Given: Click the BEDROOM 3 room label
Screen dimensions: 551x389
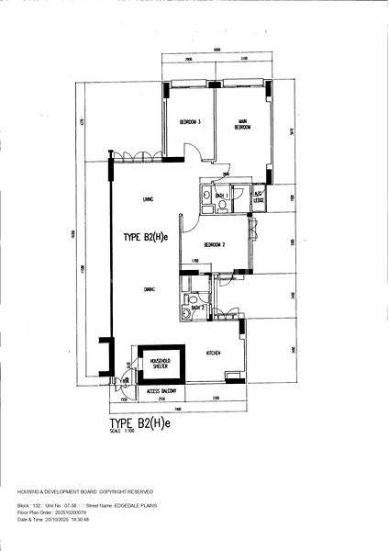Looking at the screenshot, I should pyautogui.click(x=188, y=122).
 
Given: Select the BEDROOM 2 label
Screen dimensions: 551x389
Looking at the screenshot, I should pyautogui.click(x=215, y=244).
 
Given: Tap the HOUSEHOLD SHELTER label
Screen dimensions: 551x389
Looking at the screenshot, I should pyautogui.click(x=161, y=364).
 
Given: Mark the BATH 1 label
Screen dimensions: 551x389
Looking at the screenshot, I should pyautogui.click(x=220, y=196).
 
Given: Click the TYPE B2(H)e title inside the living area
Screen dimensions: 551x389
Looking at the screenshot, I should pyautogui.click(x=151, y=239).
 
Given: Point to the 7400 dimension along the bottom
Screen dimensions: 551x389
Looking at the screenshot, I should pyautogui.click(x=179, y=408).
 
